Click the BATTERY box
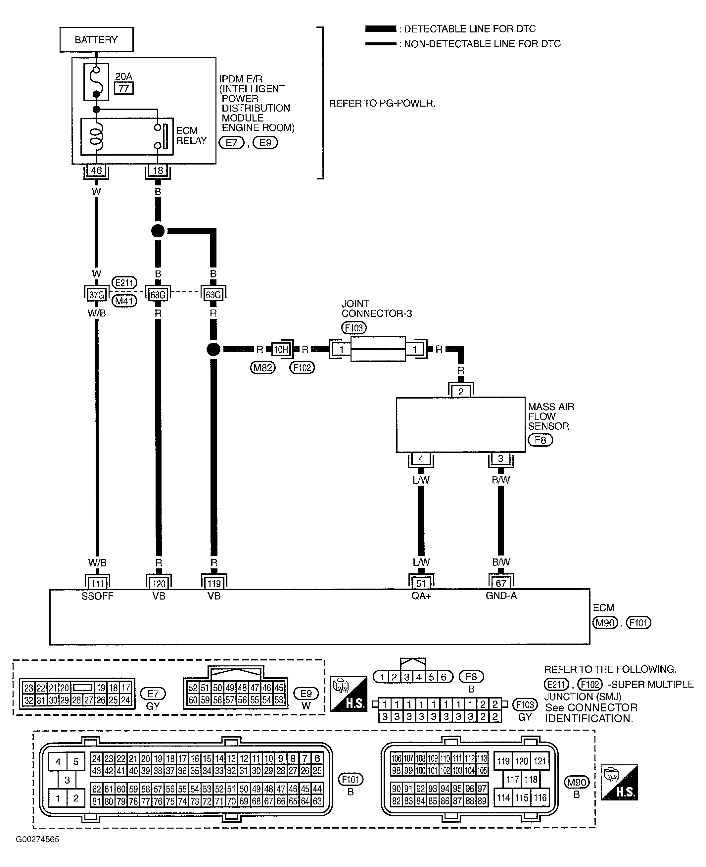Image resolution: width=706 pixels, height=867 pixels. pyautogui.click(x=96, y=39)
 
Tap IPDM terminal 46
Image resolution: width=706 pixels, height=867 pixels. pyautogui.click(x=96, y=170)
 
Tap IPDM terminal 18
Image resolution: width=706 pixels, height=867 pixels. pyautogui.click(x=158, y=170)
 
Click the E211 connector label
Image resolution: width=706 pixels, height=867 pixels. pyautogui.click(x=124, y=283)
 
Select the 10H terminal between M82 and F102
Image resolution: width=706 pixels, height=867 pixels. pyautogui.click(x=281, y=349)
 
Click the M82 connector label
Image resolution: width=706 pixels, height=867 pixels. pyautogui.click(x=263, y=367)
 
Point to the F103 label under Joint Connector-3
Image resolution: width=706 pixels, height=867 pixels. pyautogui.click(x=354, y=328)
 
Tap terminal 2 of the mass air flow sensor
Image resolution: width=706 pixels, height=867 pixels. pyautogui.click(x=460, y=391)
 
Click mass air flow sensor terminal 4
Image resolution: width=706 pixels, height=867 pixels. pyautogui.click(x=421, y=459)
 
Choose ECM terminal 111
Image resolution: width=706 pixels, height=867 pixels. pyautogui.click(x=97, y=584)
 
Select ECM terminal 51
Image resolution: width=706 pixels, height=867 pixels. pyautogui.click(x=421, y=584)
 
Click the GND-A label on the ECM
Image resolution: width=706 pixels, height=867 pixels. pyautogui.click(x=501, y=596)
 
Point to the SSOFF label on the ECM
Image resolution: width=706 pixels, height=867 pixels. pyautogui.click(x=98, y=596)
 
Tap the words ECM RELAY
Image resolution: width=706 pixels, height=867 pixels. pyautogui.click(x=191, y=136)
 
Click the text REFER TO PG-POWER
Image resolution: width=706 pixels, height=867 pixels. pyautogui.click(x=382, y=103)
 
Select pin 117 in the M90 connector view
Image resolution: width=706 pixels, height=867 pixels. pyautogui.click(x=513, y=779)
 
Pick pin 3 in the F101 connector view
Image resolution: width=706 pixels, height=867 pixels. pyautogui.click(x=67, y=780)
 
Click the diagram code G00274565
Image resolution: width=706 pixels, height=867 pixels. pyautogui.click(x=37, y=839)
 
